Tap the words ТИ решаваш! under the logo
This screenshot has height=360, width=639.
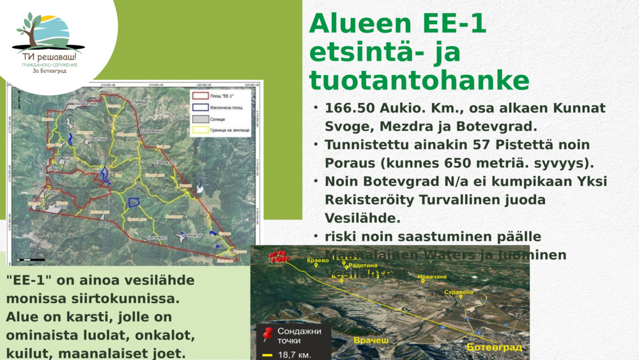pyautogui.click(x=49, y=57)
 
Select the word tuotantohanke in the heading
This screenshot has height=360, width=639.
pyautogui.click(x=419, y=81)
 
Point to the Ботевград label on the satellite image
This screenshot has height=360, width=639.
pyautogui.click(x=495, y=347)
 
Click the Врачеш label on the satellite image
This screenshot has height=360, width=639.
pyautogui.click(x=371, y=340)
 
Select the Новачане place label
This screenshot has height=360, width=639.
pyautogui.click(x=433, y=277)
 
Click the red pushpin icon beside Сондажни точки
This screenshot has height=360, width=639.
pyautogui.click(x=268, y=333)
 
